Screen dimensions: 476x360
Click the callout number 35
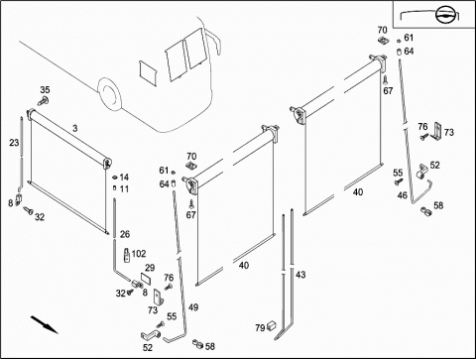click(x=45, y=89)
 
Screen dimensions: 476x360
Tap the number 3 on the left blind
click(x=75, y=128)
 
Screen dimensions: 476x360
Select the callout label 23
click(x=14, y=143)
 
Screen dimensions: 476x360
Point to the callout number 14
click(x=124, y=178)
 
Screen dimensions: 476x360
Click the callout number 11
click(x=124, y=189)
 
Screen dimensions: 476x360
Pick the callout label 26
click(x=125, y=234)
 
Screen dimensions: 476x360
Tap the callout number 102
click(x=139, y=254)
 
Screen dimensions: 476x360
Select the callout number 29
click(x=150, y=268)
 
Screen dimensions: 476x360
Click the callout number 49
click(x=193, y=307)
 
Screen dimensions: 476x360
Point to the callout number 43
click(x=300, y=275)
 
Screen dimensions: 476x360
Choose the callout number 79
click(x=260, y=327)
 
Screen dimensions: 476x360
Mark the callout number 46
click(x=403, y=195)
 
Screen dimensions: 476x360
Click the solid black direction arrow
click(x=45, y=324)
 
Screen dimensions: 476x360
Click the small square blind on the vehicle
click(x=148, y=72)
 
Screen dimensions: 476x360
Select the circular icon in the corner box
click(x=444, y=15)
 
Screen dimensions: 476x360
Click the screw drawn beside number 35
click(x=43, y=100)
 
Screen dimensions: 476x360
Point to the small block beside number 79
click(x=272, y=325)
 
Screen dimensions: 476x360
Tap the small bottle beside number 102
click(x=127, y=255)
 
